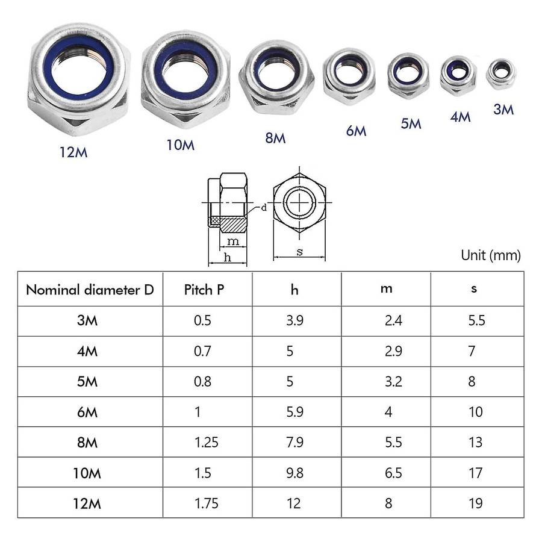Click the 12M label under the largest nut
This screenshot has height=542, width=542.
pyautogui.click(x=73, y=152)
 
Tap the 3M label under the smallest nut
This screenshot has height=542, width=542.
pyautogui.click(x=503, y=110)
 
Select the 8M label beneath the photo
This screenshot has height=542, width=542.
pyautogui.click(x=275, y=138)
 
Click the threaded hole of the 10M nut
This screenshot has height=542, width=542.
pyautogui.click(x=185, y=73)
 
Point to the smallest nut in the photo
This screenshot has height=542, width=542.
pyautogui.click(x=500, y=73)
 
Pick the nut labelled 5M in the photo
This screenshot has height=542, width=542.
pyautogui.click(x=408, y=76)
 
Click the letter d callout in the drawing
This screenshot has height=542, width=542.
pyautogui.click(x=264, y=208)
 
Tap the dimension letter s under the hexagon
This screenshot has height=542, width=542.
pyautogui.click(x=299, y=252)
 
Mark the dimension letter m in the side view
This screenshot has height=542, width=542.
pyautogui.click(x=233, y=241)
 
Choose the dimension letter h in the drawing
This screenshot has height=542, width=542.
pyautogui.click(x=227, y=258)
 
